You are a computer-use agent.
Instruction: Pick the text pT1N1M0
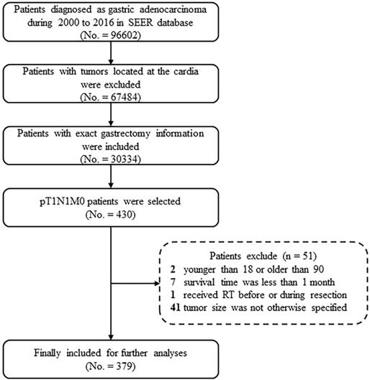(x=62, y=202)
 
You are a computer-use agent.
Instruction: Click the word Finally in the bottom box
(x=47, y=353)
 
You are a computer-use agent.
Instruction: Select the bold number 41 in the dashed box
(x=175, y=307)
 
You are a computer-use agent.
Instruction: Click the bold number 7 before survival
(x=173, y=282)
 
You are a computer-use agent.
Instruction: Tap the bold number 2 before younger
(x=173, y=269)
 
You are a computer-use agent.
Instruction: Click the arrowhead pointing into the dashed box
(x=157, y=283)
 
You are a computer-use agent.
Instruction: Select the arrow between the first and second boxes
(x=111, y=53)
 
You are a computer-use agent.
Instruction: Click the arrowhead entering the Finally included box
(x=111, y=337)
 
